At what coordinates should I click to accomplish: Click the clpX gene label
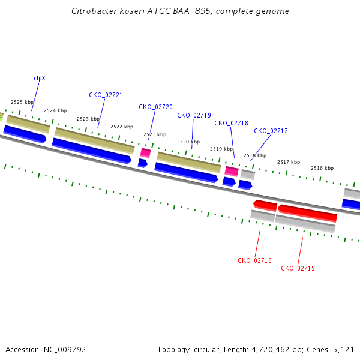tap(40, 78)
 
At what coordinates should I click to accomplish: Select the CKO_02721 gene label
tap(106, 95)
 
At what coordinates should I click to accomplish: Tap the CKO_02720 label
tap(155, 107)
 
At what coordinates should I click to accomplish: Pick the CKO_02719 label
tap(194, 115)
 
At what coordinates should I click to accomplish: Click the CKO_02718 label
tap(231, 123)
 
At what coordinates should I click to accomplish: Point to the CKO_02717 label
tap(271, 131)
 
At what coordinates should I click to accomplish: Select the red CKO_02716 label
tap(254, 260)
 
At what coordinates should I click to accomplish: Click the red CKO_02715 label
tap(298, 268)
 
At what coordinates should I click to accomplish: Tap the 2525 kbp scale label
tap(22, 102)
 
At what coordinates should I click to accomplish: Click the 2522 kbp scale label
tap(122, 127)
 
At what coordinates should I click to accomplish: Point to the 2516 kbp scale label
tap(322, 168)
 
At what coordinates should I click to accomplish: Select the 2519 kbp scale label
tap(221, 149)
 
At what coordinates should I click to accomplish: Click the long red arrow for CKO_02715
tap(307, 213)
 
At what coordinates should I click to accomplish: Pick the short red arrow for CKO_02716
tap(265, 205)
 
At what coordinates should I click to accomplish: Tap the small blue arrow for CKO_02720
tap(143, 163)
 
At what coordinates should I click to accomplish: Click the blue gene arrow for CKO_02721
tap(92, 151)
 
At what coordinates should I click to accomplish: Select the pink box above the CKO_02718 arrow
tap(232, 171)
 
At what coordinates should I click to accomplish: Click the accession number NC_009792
tap(65, 350)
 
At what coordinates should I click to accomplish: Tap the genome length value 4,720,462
tap(271, 350)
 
